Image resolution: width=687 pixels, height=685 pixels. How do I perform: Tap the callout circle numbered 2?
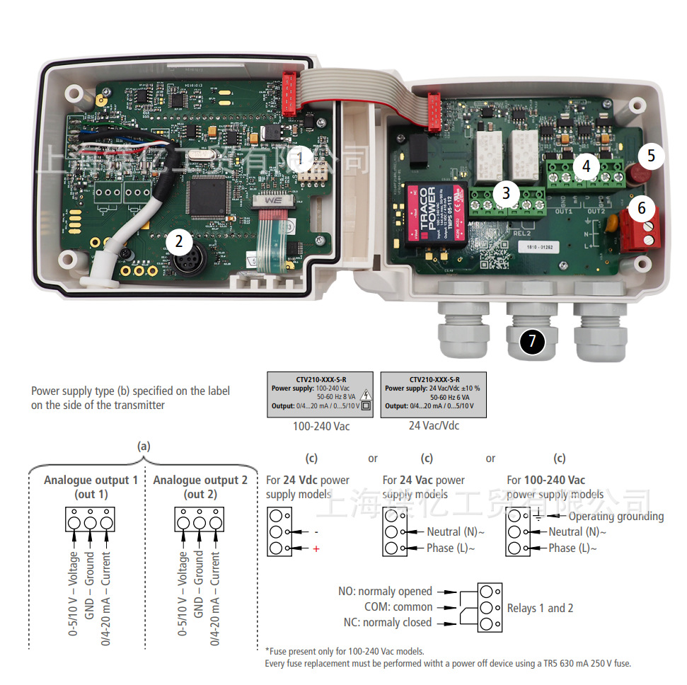(x=179, y=241)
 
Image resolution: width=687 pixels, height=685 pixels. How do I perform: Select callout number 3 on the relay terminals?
(x=505, y=192)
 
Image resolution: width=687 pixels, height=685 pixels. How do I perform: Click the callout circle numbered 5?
(x=652, y=155)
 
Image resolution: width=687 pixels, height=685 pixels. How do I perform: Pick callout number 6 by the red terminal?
(x=642, y=208)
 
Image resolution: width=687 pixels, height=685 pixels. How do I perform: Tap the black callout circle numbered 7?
(x=533, y=342)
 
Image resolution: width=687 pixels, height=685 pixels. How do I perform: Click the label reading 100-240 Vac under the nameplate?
(x=321, y=427)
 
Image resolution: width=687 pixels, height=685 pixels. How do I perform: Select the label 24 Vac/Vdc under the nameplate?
(x=434, y=426)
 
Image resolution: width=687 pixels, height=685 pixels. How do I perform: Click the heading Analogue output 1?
(x=91, y=480)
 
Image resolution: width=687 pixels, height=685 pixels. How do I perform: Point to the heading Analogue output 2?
(x=200, y=480)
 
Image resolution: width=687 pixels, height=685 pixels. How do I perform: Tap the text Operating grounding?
(x=616, y=517)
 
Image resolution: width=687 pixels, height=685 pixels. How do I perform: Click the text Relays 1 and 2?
(x=540, y=609)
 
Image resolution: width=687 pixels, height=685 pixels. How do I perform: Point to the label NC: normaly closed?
(x=387, y=623)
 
